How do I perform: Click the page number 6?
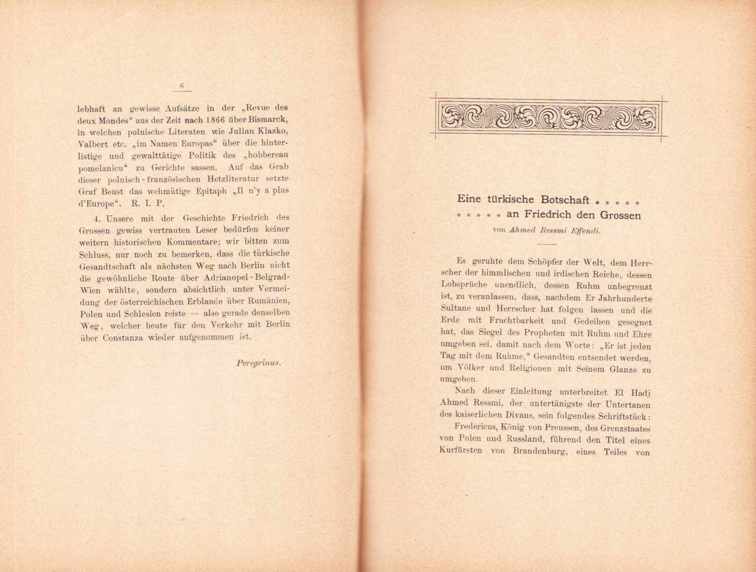pos(181,86)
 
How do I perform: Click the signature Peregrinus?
pos(258,363)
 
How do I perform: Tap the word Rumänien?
pos(269,301)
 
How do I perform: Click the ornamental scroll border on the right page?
pos(548,117)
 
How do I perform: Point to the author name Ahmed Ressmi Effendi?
pos(555,231)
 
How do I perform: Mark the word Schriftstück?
pos(622,417)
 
